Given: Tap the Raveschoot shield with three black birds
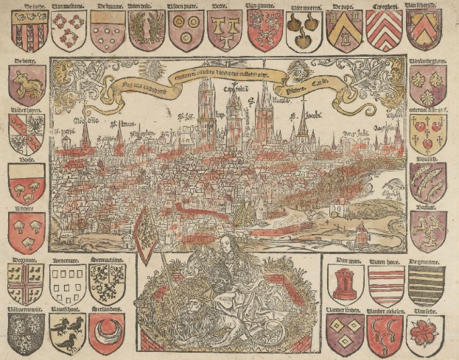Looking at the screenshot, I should (x=68, y=331).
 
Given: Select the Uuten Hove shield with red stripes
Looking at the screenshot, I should (x=385, y=284).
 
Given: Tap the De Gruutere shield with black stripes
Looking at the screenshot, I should (x=425, y=284).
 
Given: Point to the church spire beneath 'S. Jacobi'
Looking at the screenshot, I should (x=302, y=125).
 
